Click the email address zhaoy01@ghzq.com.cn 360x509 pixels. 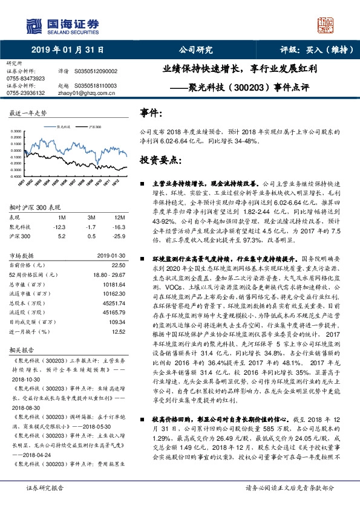[x=79, y=93]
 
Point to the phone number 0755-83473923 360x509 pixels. [x=25, y=79]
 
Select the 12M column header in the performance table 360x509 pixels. [x=120, y=216]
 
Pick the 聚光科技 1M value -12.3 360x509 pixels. [x=59, y=226]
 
